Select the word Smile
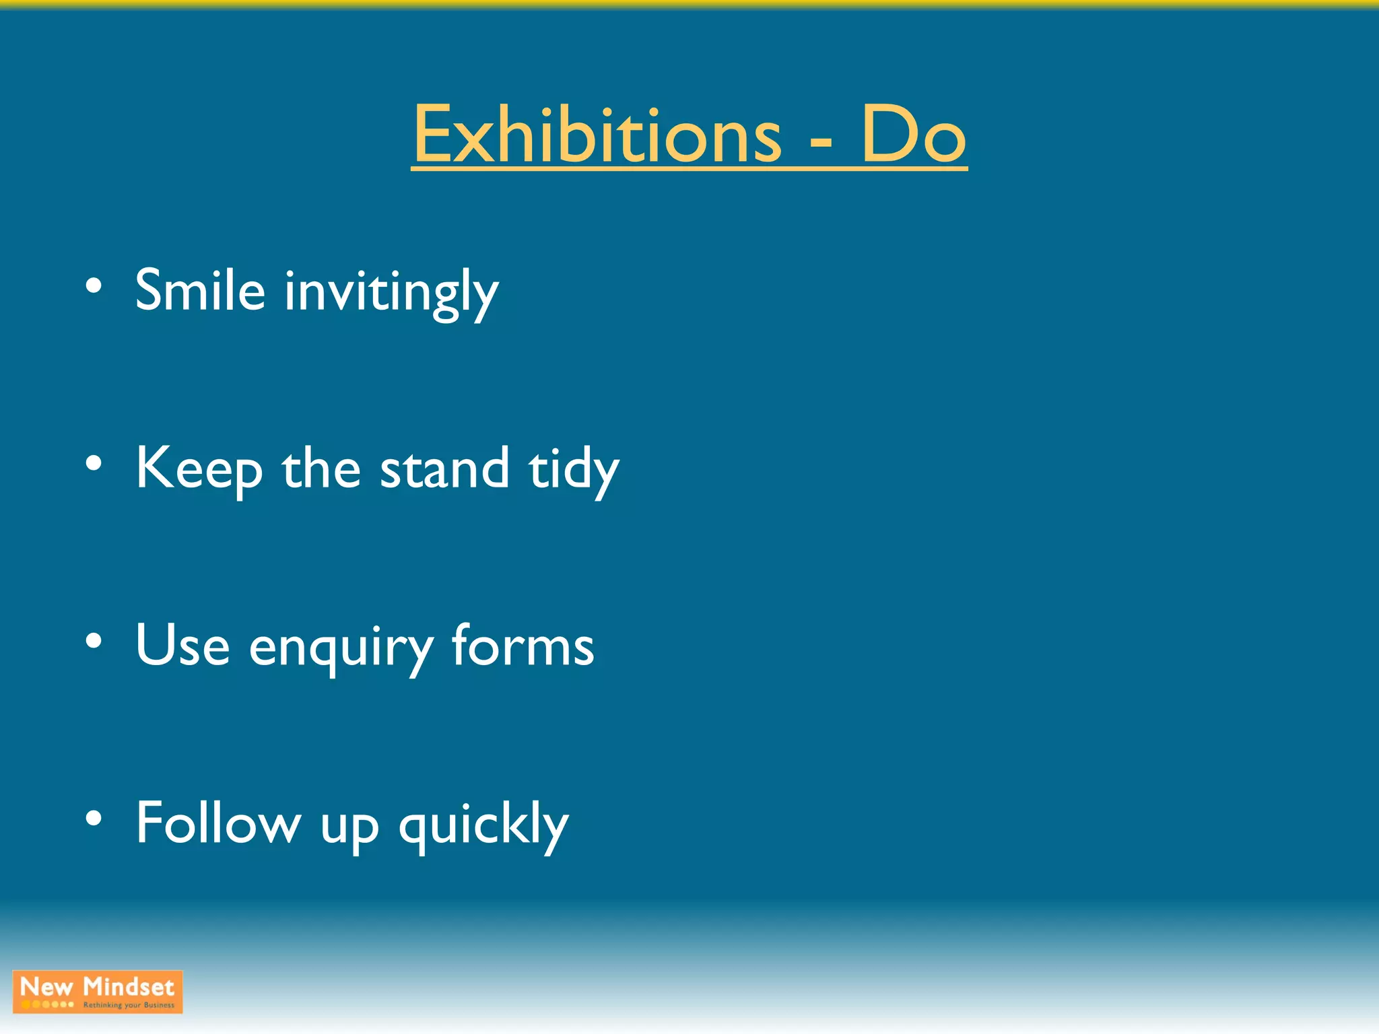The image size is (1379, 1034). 200,291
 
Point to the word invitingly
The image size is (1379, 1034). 391,294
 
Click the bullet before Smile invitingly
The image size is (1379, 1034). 94,286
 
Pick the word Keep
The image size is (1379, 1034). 199,470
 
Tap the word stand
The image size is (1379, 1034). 444,469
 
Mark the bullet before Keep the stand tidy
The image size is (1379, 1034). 94,463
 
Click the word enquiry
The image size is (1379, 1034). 341,649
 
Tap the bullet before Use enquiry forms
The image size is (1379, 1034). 94,641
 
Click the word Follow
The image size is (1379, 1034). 218,823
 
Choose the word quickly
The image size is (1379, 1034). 483,825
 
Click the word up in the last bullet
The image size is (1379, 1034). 349,828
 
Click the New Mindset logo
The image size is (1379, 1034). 98,992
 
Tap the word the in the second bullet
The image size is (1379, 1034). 321,469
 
